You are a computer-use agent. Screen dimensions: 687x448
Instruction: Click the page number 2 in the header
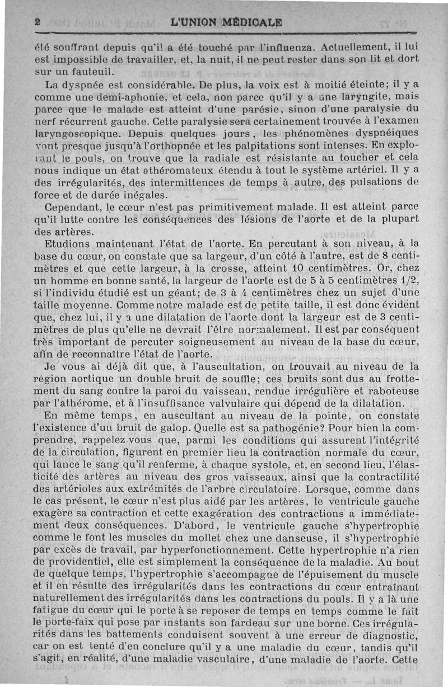(x=37, y=23)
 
